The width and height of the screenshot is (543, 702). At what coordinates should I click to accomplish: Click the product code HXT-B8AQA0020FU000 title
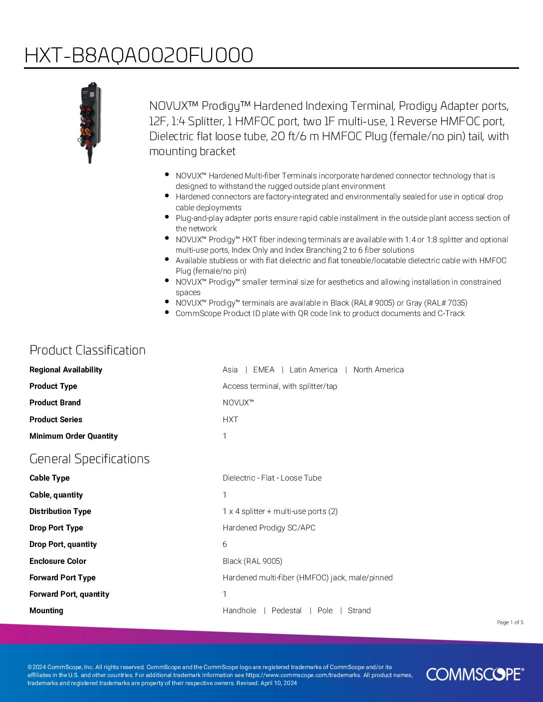click(x=139, y=55)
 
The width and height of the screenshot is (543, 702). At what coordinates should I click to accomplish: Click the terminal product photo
click(x=90, y=122)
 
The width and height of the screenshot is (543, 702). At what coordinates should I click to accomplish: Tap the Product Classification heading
click(x=87, y=350)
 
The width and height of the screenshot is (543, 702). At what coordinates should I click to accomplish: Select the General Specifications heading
click(x=89, y=459)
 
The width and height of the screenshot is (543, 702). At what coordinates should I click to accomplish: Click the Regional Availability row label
click(x=66, y=369)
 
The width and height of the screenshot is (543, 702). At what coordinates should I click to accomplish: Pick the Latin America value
click(x=313, y=369)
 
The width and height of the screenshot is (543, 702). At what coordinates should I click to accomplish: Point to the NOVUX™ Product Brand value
click(x=238, y=402)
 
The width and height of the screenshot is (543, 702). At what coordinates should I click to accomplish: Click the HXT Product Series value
click(x=230, y=419)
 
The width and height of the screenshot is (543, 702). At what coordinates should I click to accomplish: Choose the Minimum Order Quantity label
click(x=73, y=436)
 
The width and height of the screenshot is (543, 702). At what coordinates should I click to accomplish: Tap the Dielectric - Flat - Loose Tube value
click(x=272, y=478)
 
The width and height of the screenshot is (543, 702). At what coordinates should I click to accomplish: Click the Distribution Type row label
click(x=60, y=511)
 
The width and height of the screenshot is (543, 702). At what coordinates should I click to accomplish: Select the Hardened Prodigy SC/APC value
click(x=269, y=527)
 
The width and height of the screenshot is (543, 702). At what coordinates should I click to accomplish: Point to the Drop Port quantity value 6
click(x=225, y=544)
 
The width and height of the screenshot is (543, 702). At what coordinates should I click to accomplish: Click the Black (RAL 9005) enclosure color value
click(x=253, y=561)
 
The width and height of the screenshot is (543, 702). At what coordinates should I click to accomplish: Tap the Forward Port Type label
click(x=62, y=577)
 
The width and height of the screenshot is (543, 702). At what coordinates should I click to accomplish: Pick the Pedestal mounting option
click(x=286, y=610)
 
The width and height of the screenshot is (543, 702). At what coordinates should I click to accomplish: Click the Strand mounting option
click(x=359, y=610)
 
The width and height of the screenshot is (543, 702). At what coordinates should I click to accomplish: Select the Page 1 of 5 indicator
click(x=510, y=622)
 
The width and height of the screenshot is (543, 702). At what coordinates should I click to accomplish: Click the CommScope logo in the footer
click(x=475, y=674)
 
